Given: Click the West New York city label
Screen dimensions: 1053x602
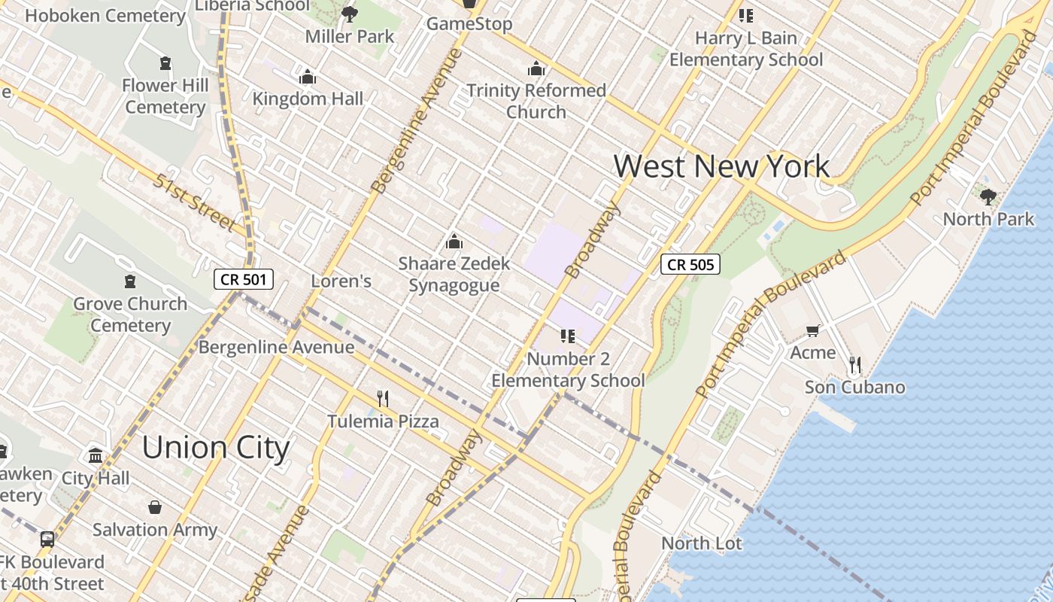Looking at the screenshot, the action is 721,166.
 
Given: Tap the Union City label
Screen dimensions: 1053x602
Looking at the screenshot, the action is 216,448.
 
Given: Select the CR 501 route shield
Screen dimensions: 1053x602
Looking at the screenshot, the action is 243,280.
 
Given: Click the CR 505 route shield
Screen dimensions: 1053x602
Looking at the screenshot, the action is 690,264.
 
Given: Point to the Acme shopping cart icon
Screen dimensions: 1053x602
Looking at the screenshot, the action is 812,330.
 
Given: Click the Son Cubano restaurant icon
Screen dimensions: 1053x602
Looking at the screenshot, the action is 854,365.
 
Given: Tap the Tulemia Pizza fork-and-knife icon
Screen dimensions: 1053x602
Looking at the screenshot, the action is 383,398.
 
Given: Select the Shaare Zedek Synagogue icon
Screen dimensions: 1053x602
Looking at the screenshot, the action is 454,242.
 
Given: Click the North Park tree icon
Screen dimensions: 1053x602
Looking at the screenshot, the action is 988,197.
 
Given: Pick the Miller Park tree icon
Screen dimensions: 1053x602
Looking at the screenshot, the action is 349,14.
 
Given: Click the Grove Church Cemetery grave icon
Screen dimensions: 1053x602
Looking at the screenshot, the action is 130,281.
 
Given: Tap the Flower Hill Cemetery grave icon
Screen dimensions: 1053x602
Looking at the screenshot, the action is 165,63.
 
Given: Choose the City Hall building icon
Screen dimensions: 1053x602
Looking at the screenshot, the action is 96,455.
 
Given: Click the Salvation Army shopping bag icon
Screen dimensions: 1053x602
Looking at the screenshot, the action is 155,507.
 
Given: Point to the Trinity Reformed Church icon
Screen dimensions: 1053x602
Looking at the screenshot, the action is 536,68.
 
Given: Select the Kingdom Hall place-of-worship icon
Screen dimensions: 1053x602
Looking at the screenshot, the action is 307,77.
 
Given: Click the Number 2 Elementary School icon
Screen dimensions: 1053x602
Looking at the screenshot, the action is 568,336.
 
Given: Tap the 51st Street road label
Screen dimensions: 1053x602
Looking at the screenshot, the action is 194,202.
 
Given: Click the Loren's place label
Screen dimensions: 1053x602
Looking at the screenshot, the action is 341,281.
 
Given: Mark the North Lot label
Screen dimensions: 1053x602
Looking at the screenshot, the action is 701,543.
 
